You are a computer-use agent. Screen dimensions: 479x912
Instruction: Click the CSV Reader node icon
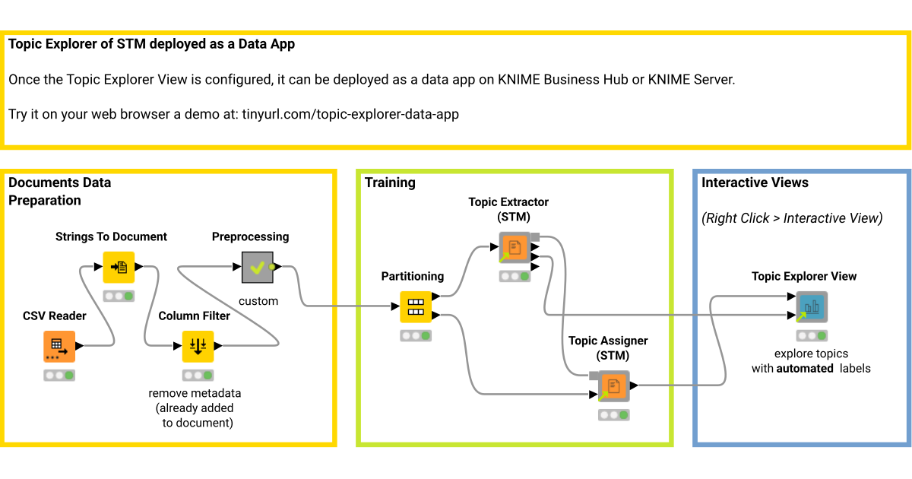click(x=59, y=347)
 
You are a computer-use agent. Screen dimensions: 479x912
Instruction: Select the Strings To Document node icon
click(x=119, y=267)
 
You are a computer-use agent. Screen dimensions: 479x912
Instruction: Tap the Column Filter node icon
click(x=198, y=347)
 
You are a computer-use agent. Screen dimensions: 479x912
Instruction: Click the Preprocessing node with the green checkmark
click(x=258, y=267)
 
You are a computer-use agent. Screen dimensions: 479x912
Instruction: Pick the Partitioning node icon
click(x=416, y=306)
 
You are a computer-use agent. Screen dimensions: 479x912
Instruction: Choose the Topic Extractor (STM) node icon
click(x=515, y=248)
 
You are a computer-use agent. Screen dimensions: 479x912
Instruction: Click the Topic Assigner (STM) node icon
click(x=613, y=386)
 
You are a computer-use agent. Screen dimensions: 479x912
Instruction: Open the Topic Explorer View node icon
click(x=812, y=307)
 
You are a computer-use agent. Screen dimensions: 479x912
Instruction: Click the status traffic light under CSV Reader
click(x=59, y=376)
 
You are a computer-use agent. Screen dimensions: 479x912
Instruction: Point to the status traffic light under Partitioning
click(x=416, y=335)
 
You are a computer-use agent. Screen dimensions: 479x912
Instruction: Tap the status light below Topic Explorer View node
click(x=812, y=335)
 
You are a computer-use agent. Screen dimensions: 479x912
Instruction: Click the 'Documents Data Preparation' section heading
click(x=59, y=192)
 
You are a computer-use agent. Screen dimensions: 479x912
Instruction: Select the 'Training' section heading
click(x=390, y=182)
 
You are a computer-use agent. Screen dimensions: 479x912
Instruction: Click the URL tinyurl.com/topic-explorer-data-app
click(x=350, y=115)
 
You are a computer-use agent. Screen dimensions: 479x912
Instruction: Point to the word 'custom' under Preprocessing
click(x=258, y=301)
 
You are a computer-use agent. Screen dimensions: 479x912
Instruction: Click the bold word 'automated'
click(x=804, y=369)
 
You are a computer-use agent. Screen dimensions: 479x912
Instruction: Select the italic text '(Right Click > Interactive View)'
click(x=792, y=218)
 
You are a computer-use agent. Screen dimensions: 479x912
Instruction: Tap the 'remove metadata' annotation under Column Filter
click(x=195, y=393)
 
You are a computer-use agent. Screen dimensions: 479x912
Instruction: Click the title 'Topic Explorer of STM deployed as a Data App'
click(x=151, y=44)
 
